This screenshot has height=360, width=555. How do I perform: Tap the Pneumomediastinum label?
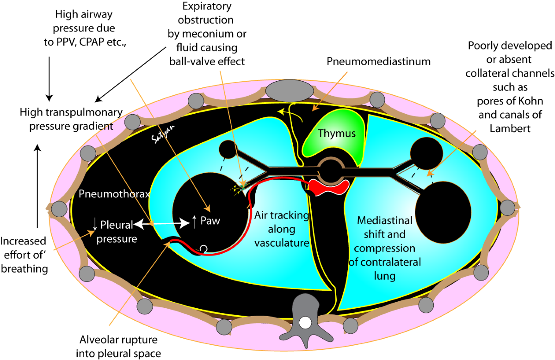tap(378, 61)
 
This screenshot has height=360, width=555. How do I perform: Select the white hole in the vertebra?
tap(305, 323)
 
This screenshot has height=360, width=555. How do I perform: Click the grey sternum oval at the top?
tap(290, 91)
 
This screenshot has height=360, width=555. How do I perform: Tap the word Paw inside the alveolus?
tap(210, 221)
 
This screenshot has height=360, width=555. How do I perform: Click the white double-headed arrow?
tap(162, 224)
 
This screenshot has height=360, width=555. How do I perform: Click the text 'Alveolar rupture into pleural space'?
tap(118, 347)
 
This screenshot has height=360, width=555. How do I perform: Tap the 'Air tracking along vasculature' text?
tap(282, 229)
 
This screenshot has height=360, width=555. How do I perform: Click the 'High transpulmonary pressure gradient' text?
tap(71, 119)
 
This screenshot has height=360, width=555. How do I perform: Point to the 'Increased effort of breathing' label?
tap(24, 255)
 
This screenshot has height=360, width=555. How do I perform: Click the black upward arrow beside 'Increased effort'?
tap(37, 186)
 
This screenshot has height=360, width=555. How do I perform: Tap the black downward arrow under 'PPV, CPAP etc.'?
tap(49, 79)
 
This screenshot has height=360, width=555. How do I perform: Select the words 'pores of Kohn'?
tap(510, 101)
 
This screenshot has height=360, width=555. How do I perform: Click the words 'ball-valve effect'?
tap(207, 61)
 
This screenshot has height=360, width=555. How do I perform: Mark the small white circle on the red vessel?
tap(203, 248)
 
